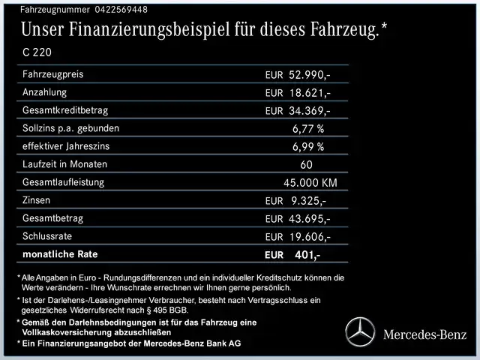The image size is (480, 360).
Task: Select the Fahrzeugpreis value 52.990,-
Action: coord(309,75)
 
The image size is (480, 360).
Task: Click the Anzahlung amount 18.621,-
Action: coord(310,93)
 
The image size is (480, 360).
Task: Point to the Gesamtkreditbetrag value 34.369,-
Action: coord(310,111)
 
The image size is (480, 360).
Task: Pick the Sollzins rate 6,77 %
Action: coord(308,129)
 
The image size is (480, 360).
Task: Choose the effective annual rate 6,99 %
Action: coord(308,147)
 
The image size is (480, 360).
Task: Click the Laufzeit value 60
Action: coord(306,165)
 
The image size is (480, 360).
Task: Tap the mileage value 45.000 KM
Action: coord(310,183)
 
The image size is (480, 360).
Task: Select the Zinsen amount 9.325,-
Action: coord(307,201)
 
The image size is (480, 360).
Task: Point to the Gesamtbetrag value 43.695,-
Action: coord(310,219)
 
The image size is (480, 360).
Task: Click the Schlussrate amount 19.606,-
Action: coord(310,237)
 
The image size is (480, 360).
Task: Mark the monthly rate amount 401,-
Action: coord(307,256)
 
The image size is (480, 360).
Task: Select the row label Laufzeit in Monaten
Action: coord(64,164)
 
